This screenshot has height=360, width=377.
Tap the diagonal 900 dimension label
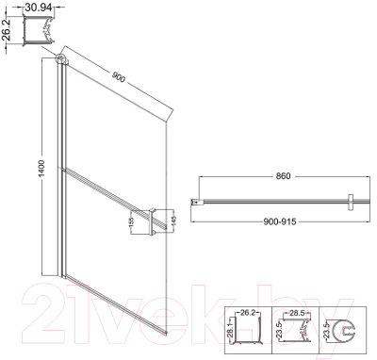(117, 76)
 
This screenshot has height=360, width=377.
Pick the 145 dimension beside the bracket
(172, 221)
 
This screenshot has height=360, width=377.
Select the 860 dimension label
(275, 176)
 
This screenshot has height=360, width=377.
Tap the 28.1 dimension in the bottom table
(230, 333)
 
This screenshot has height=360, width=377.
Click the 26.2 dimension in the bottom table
(248, 311)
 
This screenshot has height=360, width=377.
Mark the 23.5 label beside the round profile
(326, 332)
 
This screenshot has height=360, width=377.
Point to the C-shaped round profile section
(347, 332)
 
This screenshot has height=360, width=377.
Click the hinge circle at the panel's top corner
(62, 61)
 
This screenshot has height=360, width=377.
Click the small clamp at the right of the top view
(349, 201)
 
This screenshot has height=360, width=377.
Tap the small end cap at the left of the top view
(195, 201)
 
